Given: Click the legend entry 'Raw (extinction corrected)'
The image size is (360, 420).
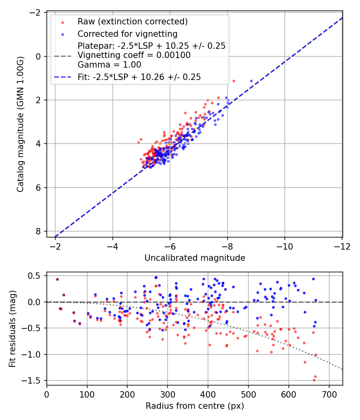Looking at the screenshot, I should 132,21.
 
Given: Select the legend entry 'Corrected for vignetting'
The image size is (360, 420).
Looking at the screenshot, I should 127,34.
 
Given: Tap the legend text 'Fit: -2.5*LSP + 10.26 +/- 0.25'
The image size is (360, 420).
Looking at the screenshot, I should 139,77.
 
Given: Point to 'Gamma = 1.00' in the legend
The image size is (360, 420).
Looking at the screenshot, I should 109,64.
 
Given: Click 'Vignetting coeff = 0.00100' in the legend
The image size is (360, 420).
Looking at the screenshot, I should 134,55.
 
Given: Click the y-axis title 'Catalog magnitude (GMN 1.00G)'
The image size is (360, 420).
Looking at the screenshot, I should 20,124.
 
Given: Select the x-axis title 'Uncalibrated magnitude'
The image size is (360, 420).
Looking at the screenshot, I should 194,258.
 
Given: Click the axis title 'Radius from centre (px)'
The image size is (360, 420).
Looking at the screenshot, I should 194,406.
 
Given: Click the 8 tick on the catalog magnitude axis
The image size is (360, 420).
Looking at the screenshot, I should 38,231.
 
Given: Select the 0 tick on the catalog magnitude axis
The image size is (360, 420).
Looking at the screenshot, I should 38,56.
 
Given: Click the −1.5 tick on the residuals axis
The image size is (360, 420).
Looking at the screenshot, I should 35,381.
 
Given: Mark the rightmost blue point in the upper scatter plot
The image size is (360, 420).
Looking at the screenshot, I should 251,81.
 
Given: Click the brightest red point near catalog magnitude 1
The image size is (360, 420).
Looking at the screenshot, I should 234,81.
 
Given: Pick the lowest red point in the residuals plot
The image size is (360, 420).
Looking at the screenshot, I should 314,380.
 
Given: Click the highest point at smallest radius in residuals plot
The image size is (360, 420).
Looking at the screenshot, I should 57,279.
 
